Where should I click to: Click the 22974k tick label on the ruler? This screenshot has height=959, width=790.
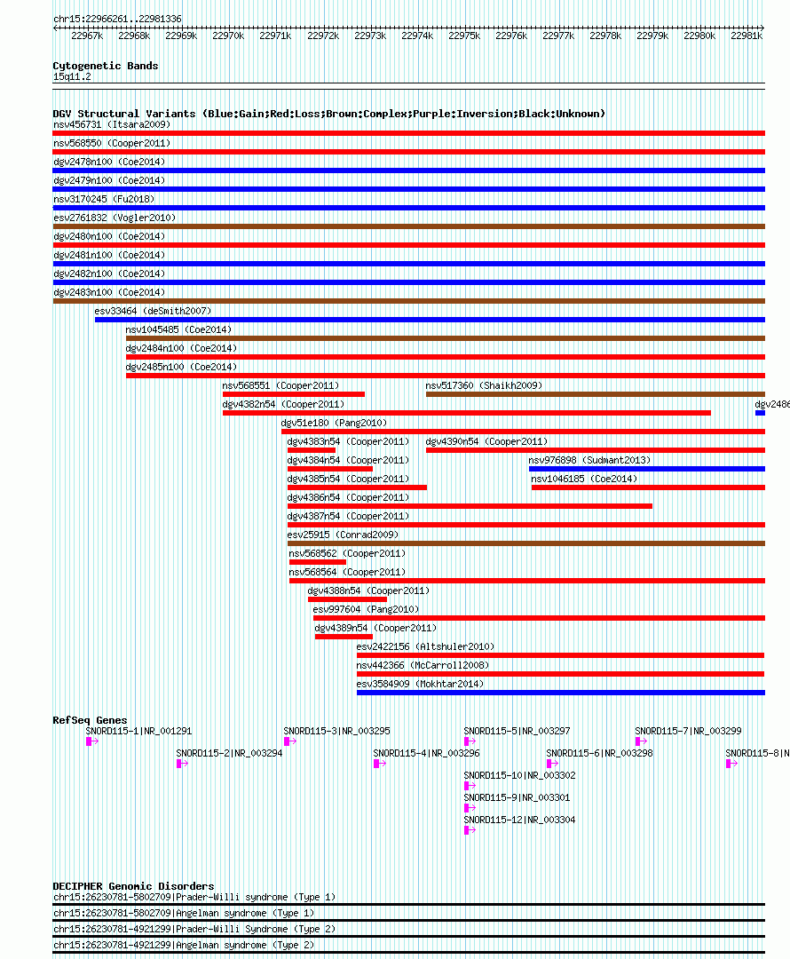[417, 36]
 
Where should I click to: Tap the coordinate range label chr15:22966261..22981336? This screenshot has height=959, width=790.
[117, 19]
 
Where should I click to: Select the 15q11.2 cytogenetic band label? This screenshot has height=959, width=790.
[72, 76]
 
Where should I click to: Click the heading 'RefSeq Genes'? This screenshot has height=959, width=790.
[90, 720]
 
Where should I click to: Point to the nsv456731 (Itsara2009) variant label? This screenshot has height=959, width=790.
[112, 125]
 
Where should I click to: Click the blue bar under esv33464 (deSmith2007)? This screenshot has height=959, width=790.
[430, 320]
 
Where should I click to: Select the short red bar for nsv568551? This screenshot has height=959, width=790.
[294, 394]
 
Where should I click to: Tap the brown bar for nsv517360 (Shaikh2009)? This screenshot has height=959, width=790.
[596, 394]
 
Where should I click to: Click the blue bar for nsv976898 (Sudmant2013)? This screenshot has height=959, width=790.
[647, 469]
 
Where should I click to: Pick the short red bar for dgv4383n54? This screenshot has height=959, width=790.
[312, 450]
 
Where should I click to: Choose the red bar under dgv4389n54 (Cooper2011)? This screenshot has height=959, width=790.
[344, 637]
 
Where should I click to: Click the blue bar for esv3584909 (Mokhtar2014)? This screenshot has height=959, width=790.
[561, 693]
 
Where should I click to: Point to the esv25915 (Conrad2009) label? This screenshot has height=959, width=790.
[343, 535]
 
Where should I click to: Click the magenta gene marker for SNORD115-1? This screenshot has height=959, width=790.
[92, 741]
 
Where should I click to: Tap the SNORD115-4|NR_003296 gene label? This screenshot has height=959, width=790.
[426, 754]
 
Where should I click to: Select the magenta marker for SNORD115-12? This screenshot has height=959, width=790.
[470, 830]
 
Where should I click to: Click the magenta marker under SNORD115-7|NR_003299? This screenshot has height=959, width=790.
[642, 741]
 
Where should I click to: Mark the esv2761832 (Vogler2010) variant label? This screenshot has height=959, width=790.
[115, 218]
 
